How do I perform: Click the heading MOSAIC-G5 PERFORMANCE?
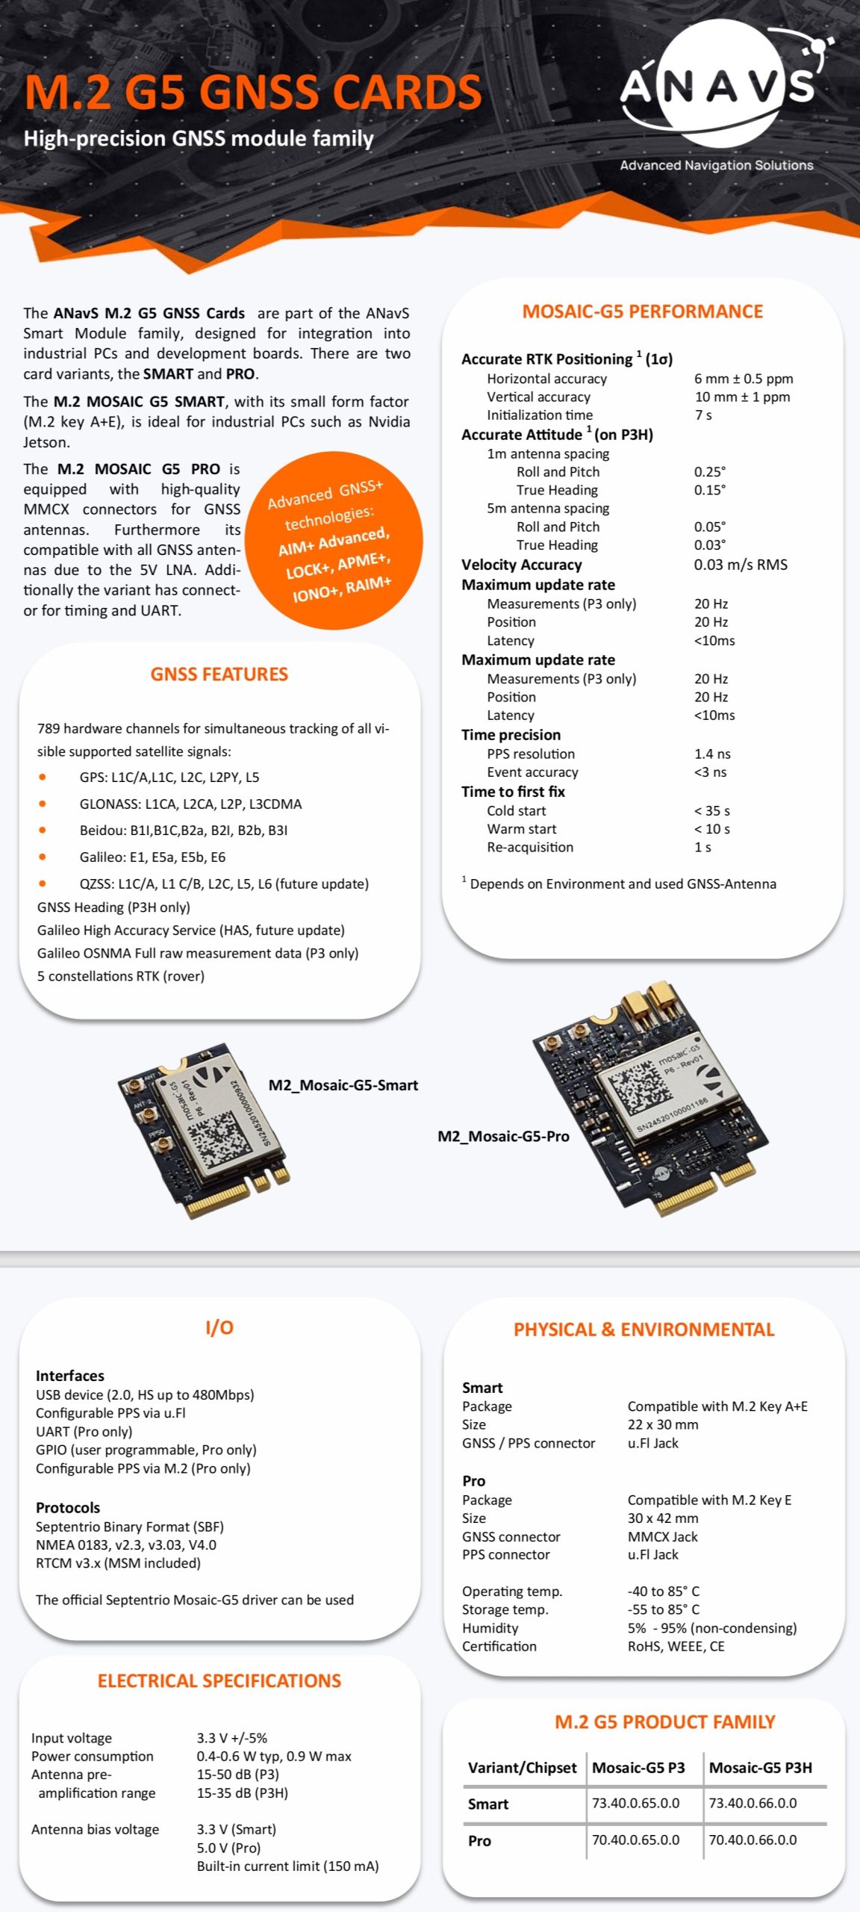point(642,311)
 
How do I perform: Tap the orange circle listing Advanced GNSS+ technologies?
point(333,540)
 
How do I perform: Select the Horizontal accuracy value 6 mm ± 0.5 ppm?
point(743,379)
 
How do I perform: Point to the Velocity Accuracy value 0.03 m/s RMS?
point(740,565)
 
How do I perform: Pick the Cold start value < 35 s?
point(711,810)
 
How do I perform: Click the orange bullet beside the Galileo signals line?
point(43,857)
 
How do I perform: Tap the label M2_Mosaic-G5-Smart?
point(343,1085)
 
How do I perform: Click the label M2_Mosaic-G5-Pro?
point(503,1136)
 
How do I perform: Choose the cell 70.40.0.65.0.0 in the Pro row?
point(635,1840)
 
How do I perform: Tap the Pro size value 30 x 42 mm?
point(663,1518)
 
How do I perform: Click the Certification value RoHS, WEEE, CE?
point(676,1646)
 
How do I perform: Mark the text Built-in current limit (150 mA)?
point(287,1866)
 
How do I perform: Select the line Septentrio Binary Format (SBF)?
point(130,1527)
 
